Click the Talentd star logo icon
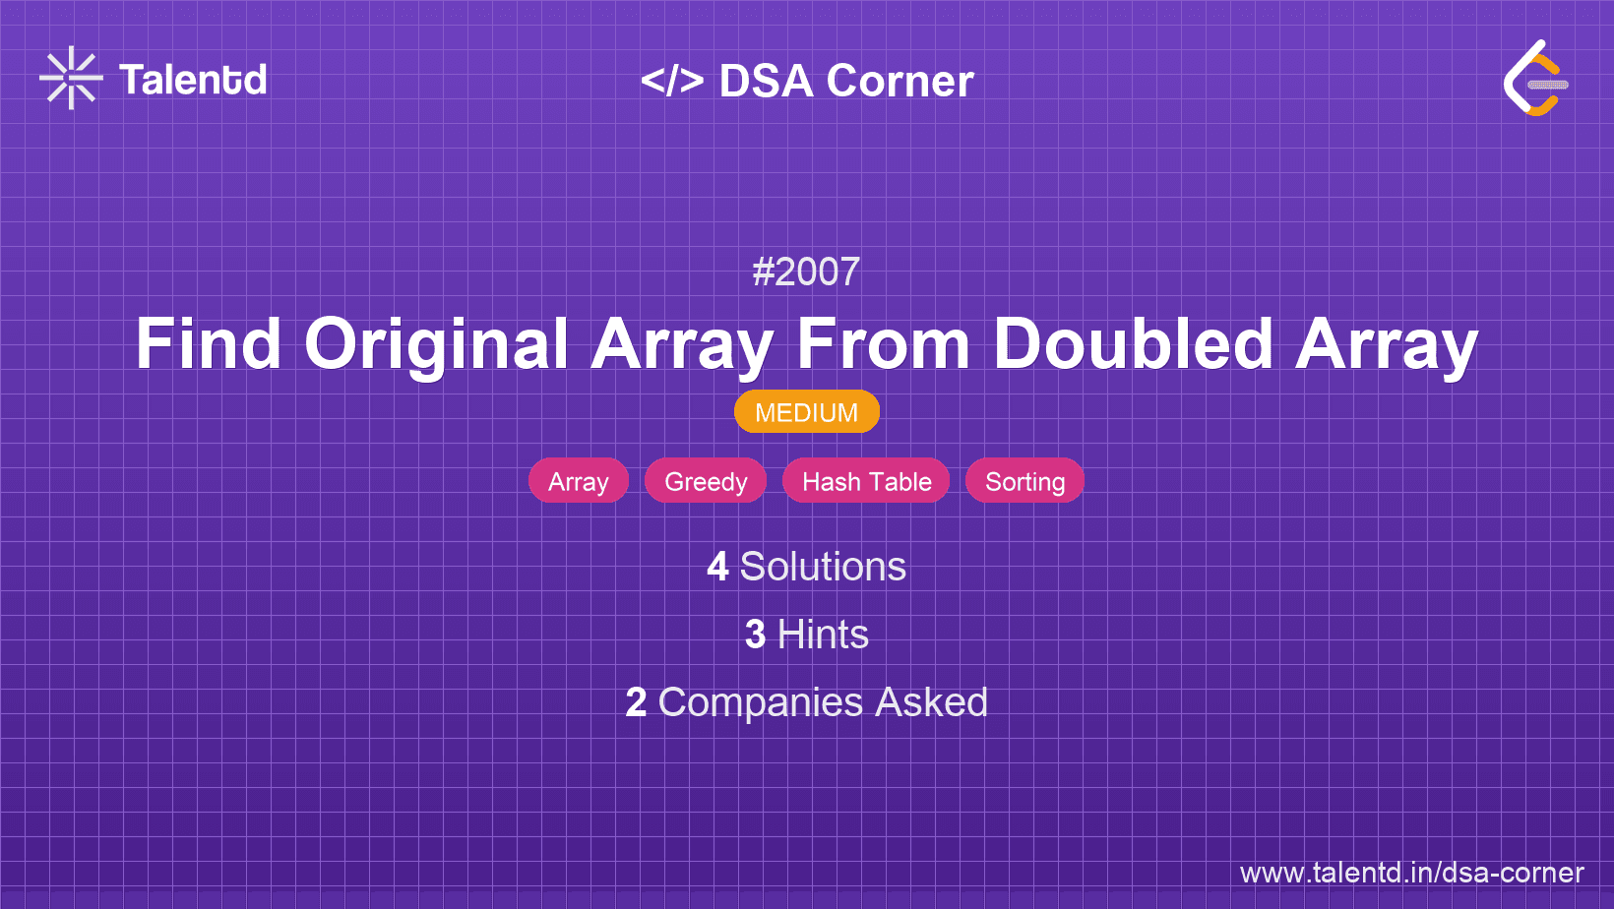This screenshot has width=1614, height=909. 71,78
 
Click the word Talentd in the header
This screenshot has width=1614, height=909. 193,80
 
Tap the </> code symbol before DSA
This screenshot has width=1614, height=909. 672,81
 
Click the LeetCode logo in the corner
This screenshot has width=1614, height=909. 1534,79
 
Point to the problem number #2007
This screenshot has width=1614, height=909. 806,272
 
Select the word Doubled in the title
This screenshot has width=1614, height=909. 1133,344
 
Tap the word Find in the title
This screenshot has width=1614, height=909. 208,344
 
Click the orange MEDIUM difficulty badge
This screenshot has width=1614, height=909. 806,412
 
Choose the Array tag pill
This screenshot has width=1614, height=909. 579,481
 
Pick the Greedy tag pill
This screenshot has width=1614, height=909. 706,481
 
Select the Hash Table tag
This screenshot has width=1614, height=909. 866,481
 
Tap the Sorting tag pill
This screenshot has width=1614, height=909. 1024,481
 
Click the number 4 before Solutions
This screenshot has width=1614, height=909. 717,567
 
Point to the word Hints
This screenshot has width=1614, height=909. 823,635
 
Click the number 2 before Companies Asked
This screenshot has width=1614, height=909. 636,702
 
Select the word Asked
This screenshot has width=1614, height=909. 931,702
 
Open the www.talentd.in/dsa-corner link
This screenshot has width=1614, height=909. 1411,873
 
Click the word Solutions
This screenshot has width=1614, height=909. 823,567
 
